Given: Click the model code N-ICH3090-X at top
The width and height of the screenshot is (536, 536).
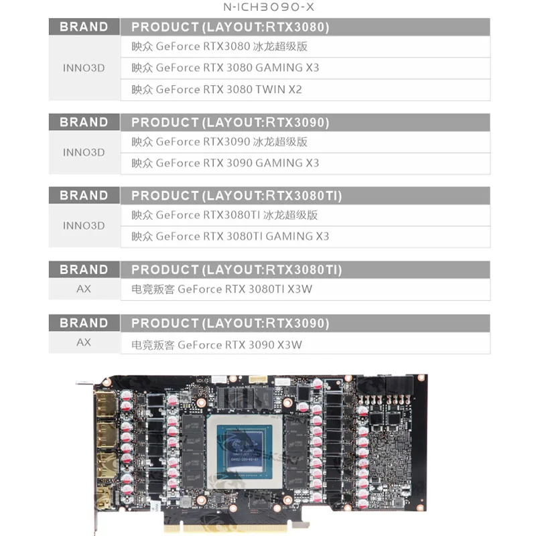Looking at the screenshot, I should click(x=268, y=9).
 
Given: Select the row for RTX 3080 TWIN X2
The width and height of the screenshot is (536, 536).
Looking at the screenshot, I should click(x=305, y=89).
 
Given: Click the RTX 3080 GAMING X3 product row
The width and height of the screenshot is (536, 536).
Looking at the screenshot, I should click(x=305, y=68).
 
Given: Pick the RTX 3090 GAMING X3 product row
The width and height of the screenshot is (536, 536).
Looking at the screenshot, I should click(x=305, y=163).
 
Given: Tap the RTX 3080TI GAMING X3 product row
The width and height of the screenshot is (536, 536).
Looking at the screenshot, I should click(x=305, y=236).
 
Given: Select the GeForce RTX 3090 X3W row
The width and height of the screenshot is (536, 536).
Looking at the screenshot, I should click(x=305, y=344).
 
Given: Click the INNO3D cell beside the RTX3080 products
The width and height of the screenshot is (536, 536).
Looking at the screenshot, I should click(x=84, y=68).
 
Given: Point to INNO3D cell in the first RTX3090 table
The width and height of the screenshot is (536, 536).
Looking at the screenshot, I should click(x=84, y=152).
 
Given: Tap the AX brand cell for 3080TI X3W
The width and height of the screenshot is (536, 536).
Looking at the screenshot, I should click(x=84, y=289).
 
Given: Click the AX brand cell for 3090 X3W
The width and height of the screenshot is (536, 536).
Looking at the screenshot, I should click(x=84, y=342).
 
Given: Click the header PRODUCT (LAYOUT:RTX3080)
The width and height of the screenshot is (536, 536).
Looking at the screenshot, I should click(x=305, y=27).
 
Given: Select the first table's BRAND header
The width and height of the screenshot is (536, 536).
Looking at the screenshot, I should click(x=84, y=27).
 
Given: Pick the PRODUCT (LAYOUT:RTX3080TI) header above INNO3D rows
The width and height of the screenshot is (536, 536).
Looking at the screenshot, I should click(x=305, y=196).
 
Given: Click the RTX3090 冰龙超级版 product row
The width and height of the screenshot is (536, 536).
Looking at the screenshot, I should click(x=305, y=141).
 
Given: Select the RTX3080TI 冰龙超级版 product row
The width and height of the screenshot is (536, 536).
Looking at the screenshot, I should click(x=305, y=215).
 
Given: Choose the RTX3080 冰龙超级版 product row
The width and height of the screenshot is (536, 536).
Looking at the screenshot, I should click(x=305, y=47).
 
